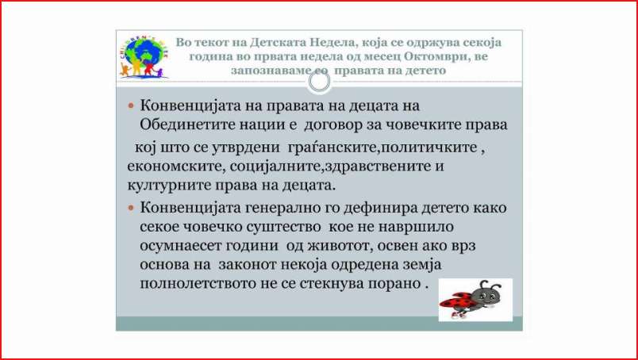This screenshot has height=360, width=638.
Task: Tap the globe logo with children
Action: click(144, 57)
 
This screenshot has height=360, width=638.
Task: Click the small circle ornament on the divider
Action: click(319, 82)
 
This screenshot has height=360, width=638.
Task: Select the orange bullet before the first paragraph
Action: click(131, 105)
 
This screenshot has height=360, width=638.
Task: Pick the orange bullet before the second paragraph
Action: click(131, 208)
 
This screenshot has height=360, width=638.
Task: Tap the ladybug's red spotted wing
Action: click(455, 301)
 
